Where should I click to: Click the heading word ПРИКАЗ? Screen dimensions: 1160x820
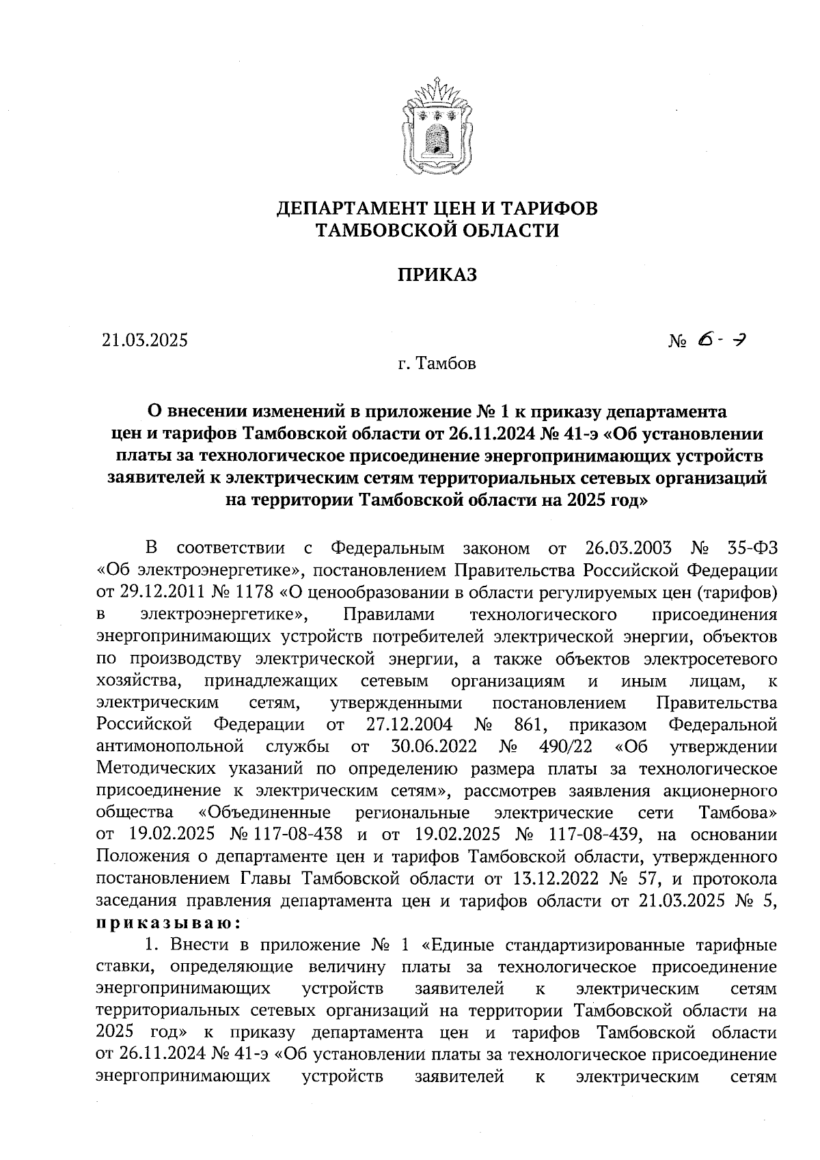click(x=437, y=275)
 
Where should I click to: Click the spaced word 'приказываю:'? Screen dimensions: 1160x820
click(x=168, y=923)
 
